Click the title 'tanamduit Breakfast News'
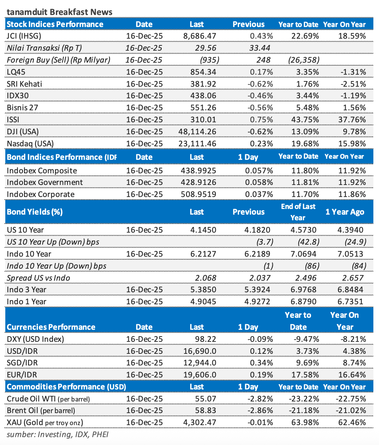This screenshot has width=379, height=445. coord(59,12)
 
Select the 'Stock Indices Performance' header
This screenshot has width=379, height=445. coord(55,24)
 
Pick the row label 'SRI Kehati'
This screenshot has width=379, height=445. coord(24,84)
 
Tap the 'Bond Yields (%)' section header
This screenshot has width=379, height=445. coord(35,212)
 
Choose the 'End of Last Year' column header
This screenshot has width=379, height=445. coord(298,212)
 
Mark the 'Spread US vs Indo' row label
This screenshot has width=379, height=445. coord(39,278)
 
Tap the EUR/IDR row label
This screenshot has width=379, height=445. coord(22,374)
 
